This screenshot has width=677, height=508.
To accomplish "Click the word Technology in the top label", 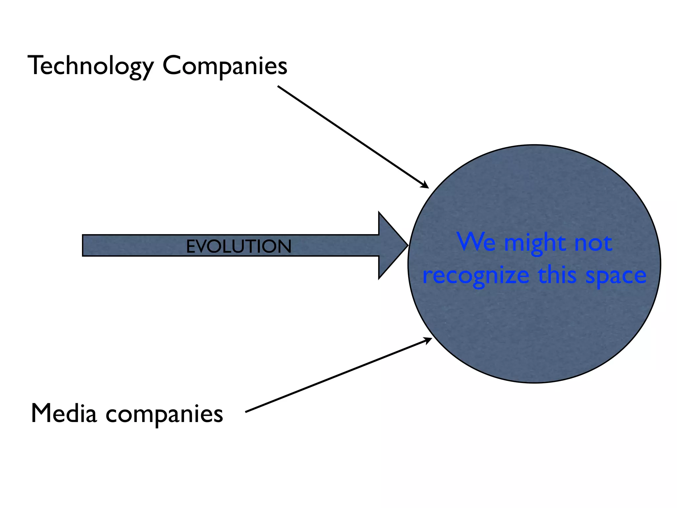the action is tap(91, 66).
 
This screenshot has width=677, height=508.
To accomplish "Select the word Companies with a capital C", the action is tap(225, 66).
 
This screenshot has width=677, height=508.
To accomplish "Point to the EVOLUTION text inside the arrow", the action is tap(239, 246).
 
